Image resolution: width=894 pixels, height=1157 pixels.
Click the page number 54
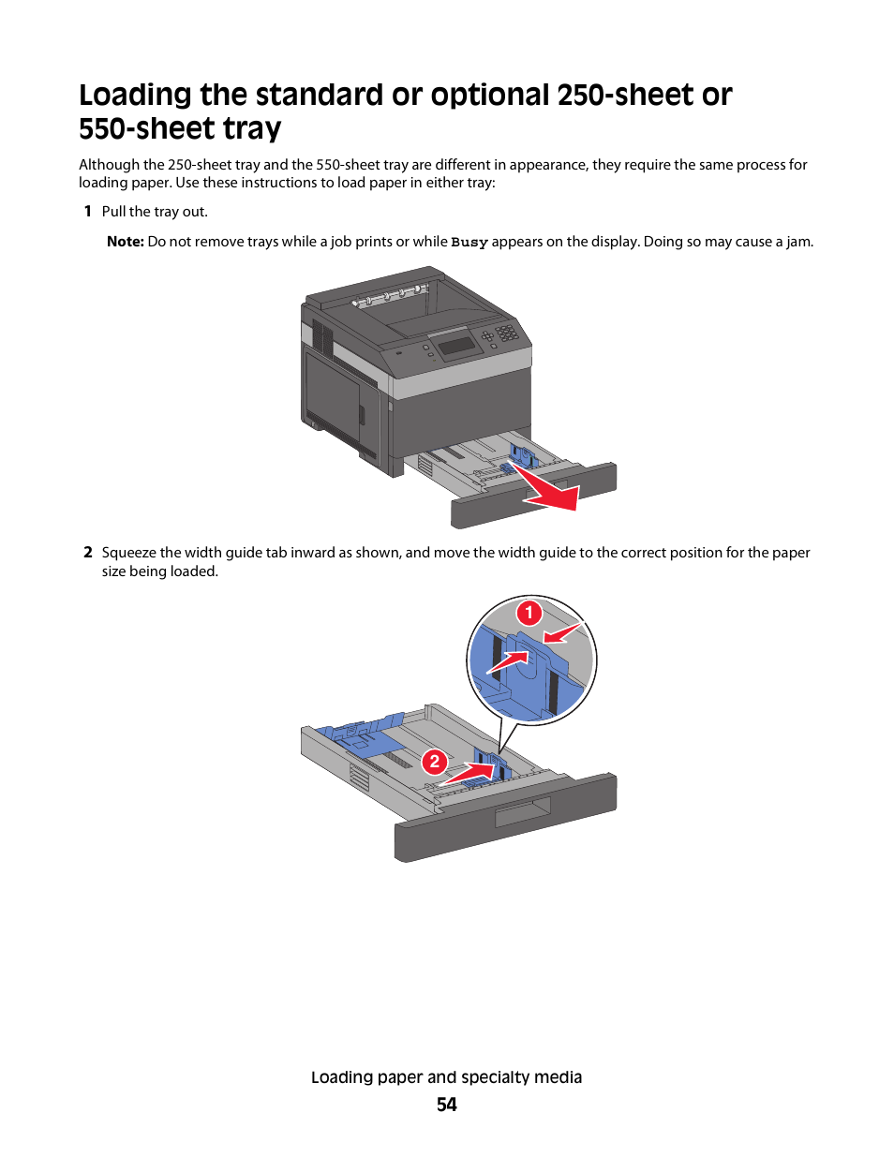coord(447,1105)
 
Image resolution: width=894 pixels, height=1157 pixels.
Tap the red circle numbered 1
coord(529,613)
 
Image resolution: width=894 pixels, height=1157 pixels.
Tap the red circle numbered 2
coord(435,762)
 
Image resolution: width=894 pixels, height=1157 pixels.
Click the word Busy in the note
coord(469,243)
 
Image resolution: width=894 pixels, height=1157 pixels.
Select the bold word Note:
coord(126,242)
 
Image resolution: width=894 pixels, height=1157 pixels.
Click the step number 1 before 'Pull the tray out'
coord(88,212)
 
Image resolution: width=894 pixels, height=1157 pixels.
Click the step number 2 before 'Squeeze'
coord(88,553)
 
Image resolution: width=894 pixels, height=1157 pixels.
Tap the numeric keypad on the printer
coord(506,333)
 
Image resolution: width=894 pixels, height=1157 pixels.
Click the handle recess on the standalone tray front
coord(522,813)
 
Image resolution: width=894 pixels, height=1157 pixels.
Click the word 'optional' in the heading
coord(489,96)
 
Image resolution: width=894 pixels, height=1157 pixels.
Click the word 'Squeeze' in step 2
coord(128,554)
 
